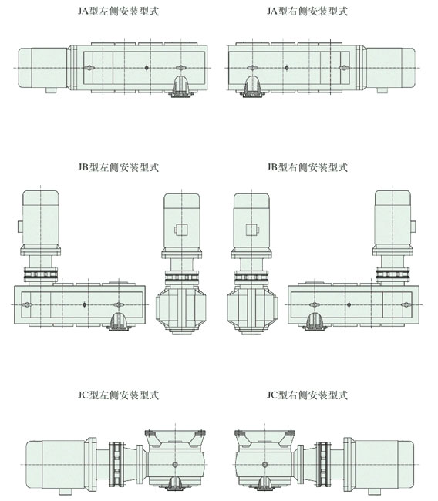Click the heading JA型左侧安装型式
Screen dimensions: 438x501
tap(118, 12)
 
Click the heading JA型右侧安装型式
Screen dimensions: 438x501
tap(307, 12)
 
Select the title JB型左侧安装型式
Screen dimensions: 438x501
tap(118, 167)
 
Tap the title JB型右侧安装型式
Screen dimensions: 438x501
tap(307, 167)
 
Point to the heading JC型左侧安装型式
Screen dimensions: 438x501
tap(118, 395)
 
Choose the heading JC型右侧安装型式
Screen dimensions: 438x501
tap(307, 395)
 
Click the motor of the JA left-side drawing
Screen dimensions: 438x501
tap(42, 68)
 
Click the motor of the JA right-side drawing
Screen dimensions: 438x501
tap(391, 68)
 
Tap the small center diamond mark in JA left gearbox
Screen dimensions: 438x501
tap(147, 68)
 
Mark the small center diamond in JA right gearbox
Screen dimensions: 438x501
tap(286, 68)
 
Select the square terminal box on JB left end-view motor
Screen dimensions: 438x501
tap(181, 230)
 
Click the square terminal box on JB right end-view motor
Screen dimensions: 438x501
tap(252, 230)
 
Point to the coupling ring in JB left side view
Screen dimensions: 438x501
tap(41, 274)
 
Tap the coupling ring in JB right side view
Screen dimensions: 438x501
tap(393, 274)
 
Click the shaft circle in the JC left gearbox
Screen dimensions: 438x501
tap(175, 464)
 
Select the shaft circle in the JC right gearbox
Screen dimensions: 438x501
tap(264, 464)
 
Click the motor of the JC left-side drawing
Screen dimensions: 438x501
tap(55, 464)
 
